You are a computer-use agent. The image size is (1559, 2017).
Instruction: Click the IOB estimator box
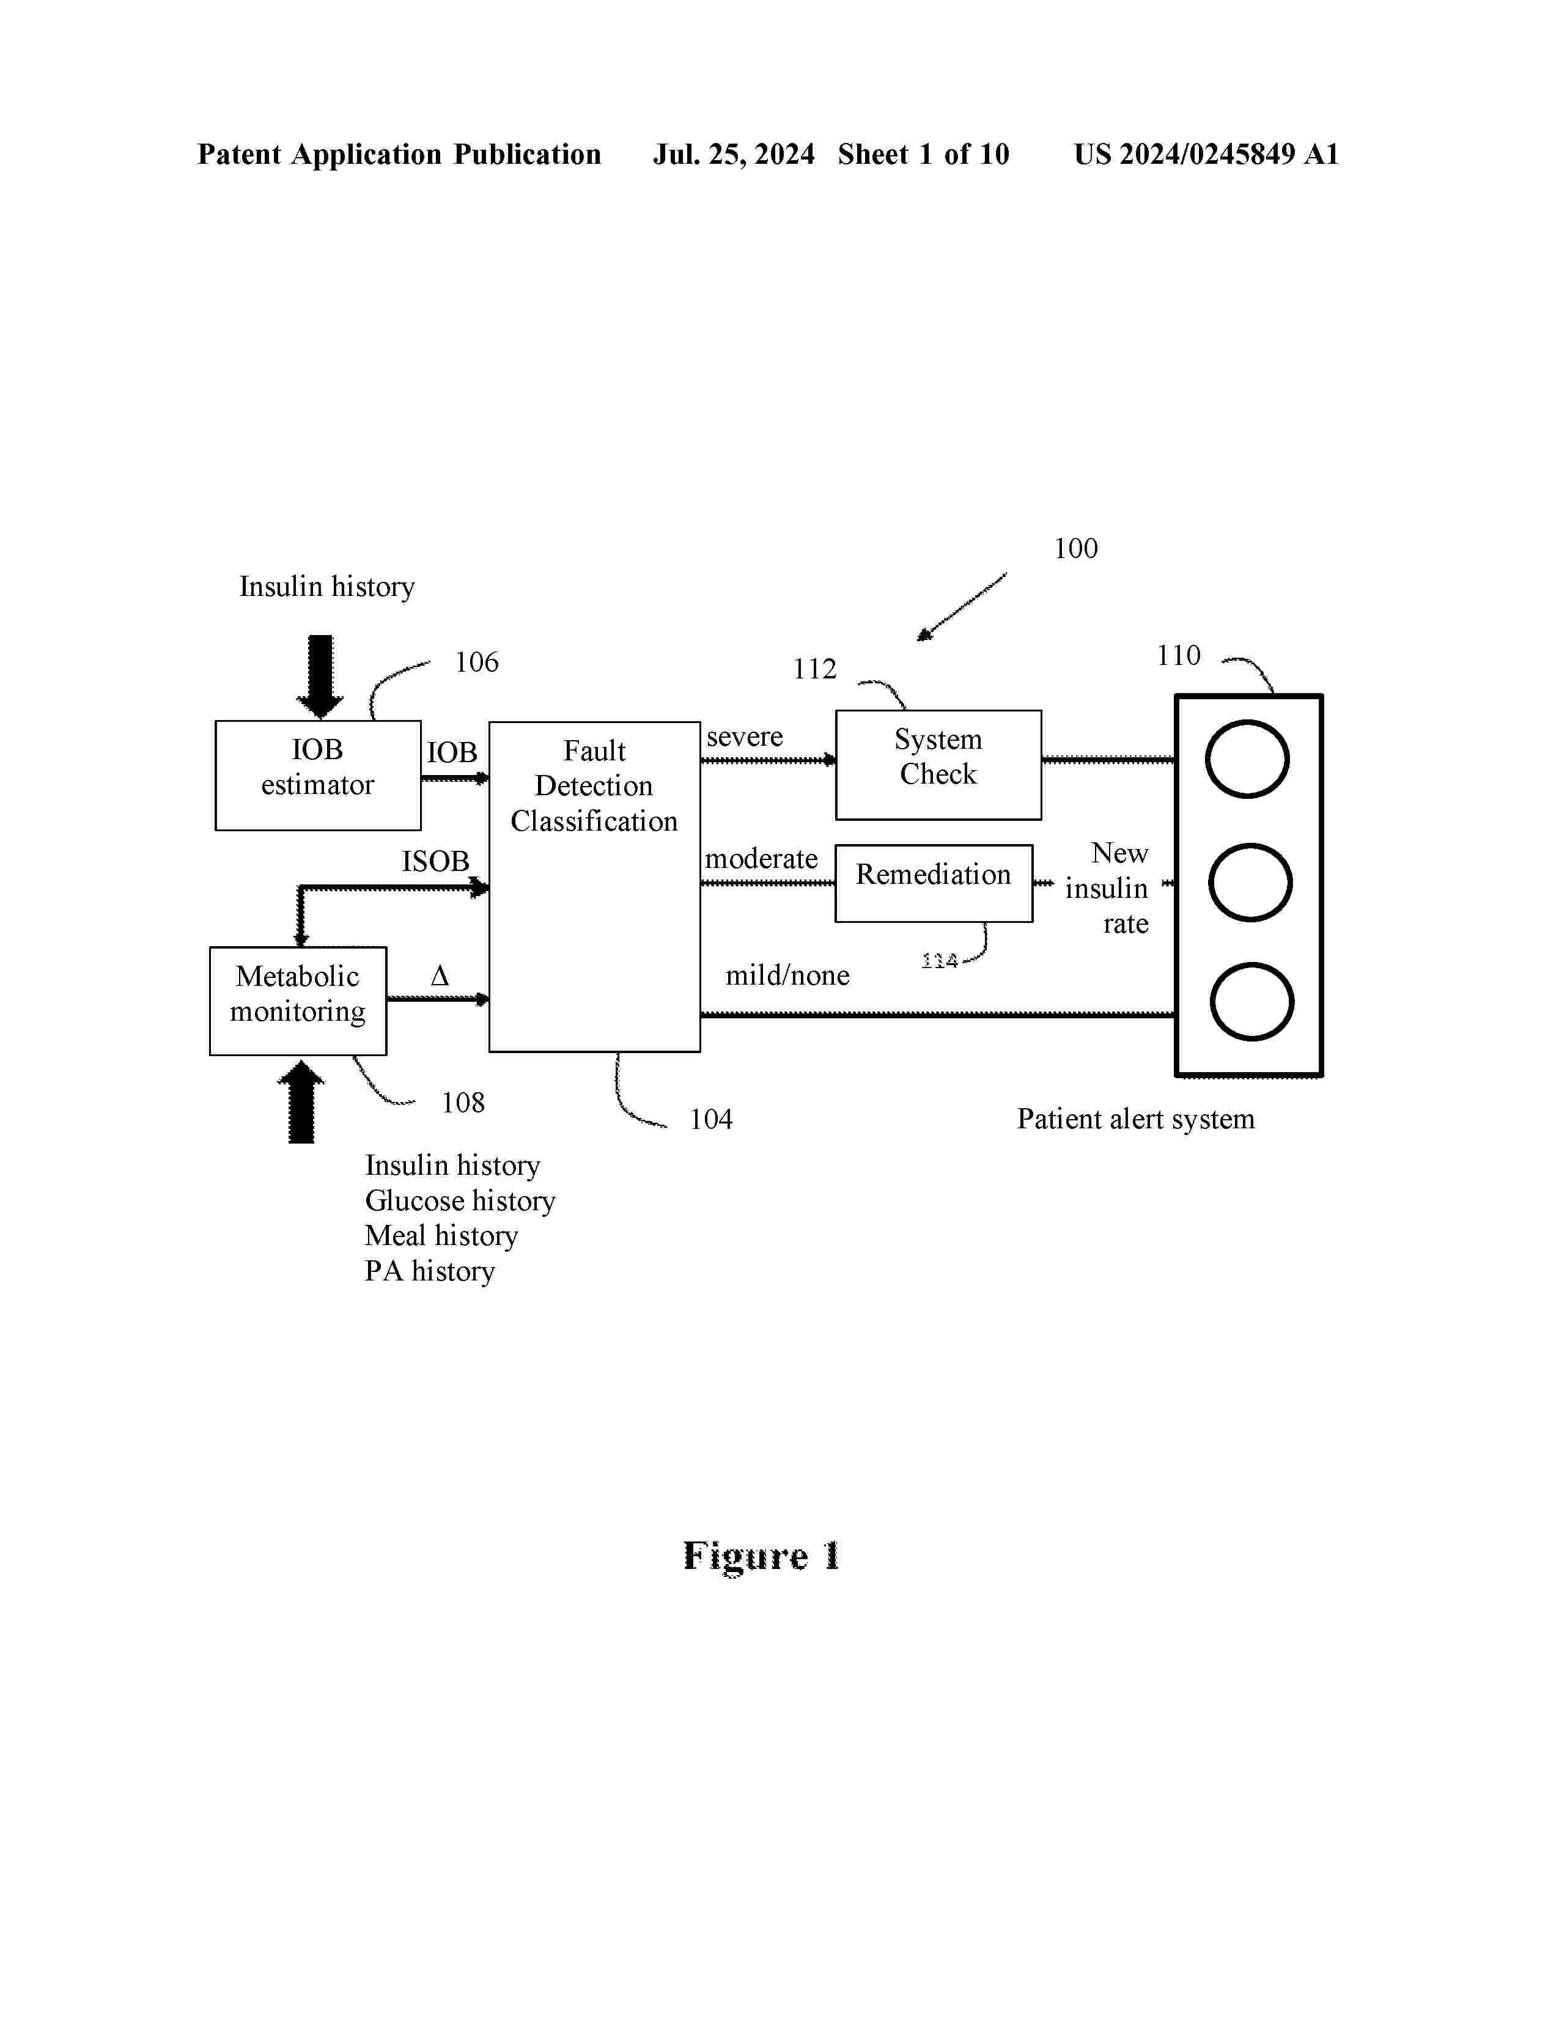[x=318, y=775]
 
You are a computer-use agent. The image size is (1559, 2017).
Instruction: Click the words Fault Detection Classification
[x=594, y=786]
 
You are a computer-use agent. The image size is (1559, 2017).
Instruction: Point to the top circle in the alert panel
[x=1247, y=759]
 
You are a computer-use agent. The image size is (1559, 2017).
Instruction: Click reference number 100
[x=1076, y=549]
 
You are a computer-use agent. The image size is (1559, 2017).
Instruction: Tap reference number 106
[x=477, y=662]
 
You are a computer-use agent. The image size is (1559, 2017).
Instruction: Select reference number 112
[x=814, y=669]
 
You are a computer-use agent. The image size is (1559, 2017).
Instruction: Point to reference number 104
[x=711, y=1119]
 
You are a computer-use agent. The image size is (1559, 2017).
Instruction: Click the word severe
[x=745, y=737]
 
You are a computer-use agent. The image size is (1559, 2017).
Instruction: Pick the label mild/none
[x=787, y=975]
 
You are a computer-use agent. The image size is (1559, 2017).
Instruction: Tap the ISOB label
[x=435, y=862]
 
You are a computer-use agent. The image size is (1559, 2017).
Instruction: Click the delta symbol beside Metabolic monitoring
[x=440, y=976]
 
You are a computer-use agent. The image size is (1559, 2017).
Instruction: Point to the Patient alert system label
[x=1135, y=1119]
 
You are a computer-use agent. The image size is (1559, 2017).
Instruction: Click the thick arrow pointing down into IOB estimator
[x=320, y=676]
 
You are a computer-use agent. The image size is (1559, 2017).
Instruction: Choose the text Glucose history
[x=460, y=1200]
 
